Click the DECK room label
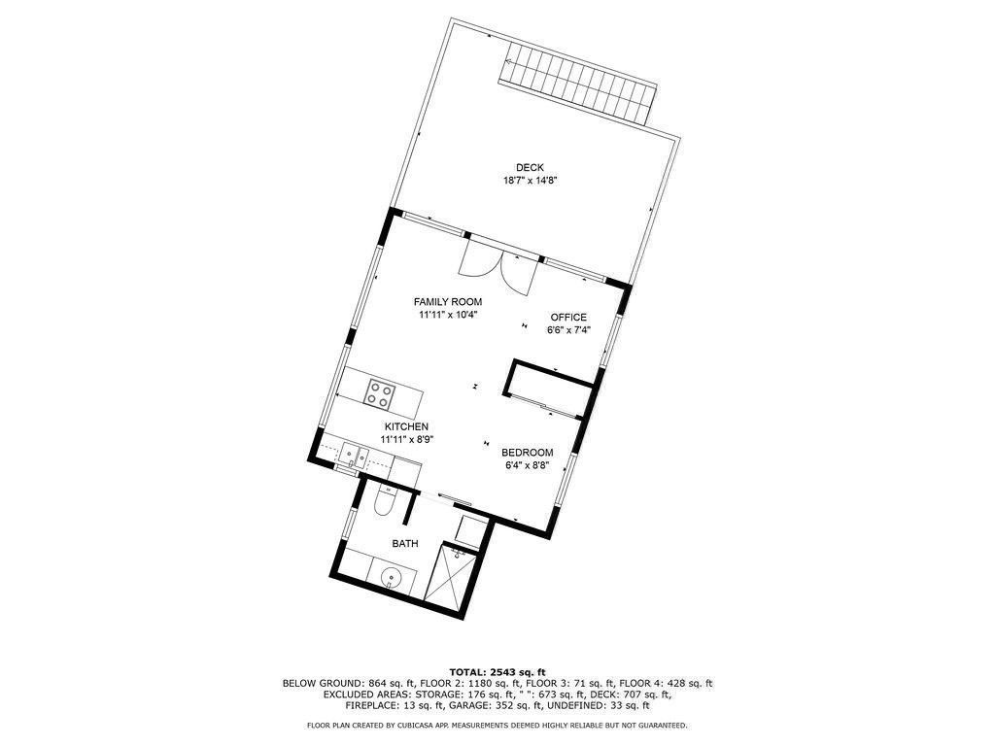tap(530, 167)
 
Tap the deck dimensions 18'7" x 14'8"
tap(530, 180)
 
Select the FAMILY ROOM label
tap(447, 302)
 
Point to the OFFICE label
tap(568, 318)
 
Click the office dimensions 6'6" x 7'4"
tap(568, 330)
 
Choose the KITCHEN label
tap(406, 427)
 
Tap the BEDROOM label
tap(527, 453)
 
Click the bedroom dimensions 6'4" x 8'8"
tap(527, 465)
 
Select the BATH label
tap(405, 544)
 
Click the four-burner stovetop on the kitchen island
tap(380, 394)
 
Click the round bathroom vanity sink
tap(391, 578)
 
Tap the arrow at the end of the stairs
tap(509, 61)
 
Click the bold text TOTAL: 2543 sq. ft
tap(497, 672)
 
